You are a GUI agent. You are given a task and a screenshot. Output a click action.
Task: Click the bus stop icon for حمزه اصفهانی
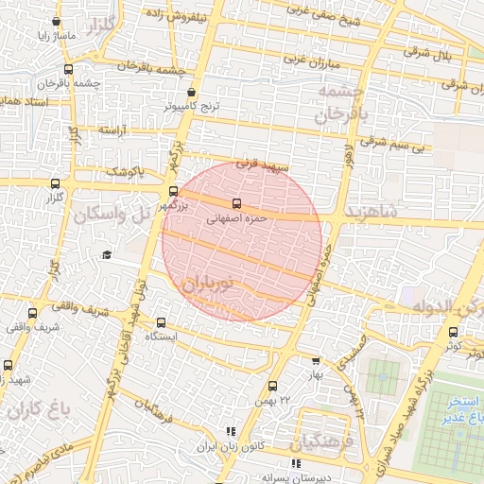(x=236, y=202)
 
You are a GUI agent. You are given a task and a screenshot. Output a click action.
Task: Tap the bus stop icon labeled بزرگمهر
(x=172, y=190)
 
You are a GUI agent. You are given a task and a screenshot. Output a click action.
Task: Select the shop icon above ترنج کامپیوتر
(x=193, y=93)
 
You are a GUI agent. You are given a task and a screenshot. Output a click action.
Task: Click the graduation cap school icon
(x=107, y=254)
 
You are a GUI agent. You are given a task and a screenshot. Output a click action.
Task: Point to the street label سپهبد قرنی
(x=259, y=164)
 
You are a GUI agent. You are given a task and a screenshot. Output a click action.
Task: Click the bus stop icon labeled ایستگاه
(x=161, y=322)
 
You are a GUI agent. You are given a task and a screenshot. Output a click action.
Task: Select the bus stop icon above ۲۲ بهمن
(x=273, y=386)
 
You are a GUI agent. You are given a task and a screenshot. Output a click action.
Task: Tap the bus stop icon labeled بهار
(x=316, y=360)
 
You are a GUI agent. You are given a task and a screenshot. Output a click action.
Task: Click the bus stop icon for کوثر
(x=453, y=332)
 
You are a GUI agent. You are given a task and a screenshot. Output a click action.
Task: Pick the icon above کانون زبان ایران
(x=229, y=431)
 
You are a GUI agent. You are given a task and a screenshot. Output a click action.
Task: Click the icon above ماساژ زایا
(x=57, y=22)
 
